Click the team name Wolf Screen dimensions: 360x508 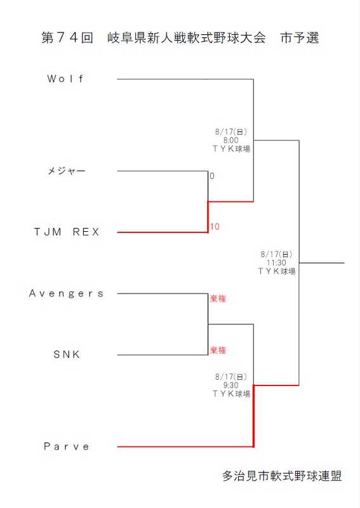point(65,79)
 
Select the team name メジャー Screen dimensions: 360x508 point(67,171)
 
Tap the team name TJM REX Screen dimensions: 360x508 point(67,232)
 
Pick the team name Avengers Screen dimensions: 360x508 point(66,293)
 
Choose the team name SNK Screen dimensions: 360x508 point(67,354)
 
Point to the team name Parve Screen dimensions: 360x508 point(67,446)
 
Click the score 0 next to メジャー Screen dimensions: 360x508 point(212,176)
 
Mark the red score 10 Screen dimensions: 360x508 point(215,227)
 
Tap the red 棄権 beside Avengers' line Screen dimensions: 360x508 point(218,298)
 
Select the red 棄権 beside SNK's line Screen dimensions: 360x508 point(218,351)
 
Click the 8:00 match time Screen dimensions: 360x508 point(230,140)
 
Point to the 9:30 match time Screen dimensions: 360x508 point(230,385)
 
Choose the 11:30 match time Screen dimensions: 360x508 point(276,263)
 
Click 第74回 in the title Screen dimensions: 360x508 point(67,38)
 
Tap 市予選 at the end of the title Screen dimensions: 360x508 point(300,38)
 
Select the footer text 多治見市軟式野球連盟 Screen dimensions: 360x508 point(282,476)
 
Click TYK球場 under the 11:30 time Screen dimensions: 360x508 point(277,271)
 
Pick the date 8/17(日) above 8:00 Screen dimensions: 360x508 point(230,132)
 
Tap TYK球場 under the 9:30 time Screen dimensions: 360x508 point(231,394)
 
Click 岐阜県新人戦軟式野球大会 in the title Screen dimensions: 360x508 point(187,38)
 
